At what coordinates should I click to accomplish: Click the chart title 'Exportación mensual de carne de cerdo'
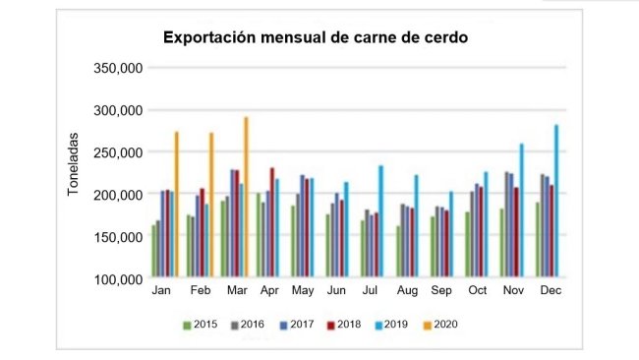(x=315, y=38)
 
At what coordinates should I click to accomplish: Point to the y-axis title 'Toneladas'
(x=74, y=164)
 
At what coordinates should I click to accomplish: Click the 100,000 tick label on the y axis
(x=117, y=279)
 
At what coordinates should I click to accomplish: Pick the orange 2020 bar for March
(x=246, y=198)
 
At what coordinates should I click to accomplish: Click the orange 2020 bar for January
(x=176, y=206)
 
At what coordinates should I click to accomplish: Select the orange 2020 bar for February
(x=210, y=206)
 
